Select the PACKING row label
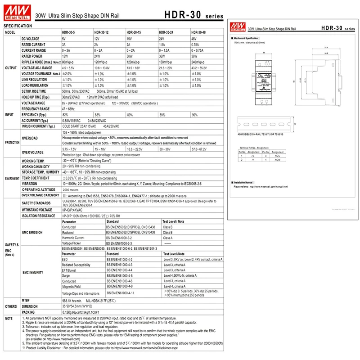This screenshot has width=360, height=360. tap(29, 311)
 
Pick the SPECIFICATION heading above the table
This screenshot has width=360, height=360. tap(17, 26)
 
